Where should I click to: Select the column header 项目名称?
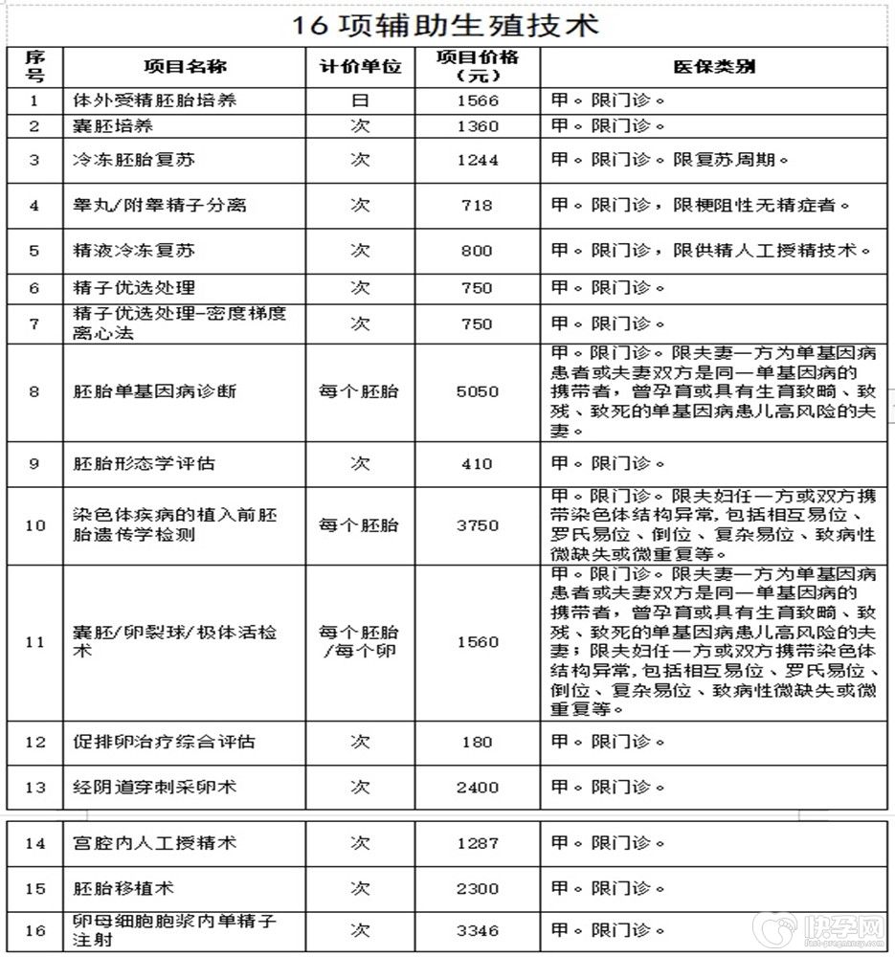click(x=185, y=67)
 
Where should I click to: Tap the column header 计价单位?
click(x=360, y=67)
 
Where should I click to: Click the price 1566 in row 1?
click(x=477, y=100)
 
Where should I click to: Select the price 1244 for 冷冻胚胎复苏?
click(x=477, y=160)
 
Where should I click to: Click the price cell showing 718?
click(x=477, y=205)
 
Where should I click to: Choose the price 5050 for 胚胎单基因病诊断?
click(x=477, y=391)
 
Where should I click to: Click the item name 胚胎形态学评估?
click(x=145, y=463)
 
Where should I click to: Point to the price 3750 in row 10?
click(x=477, y=525)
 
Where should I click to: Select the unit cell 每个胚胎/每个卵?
click(x=360, y=642)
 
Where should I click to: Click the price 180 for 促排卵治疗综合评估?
click(x=477, y=742)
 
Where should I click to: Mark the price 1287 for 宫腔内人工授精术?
click(x=477, y=843)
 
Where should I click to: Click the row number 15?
click(x=35, y=888)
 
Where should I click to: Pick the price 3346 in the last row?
click(x=477, y=929)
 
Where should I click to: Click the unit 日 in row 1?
click(x=360, y=100)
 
